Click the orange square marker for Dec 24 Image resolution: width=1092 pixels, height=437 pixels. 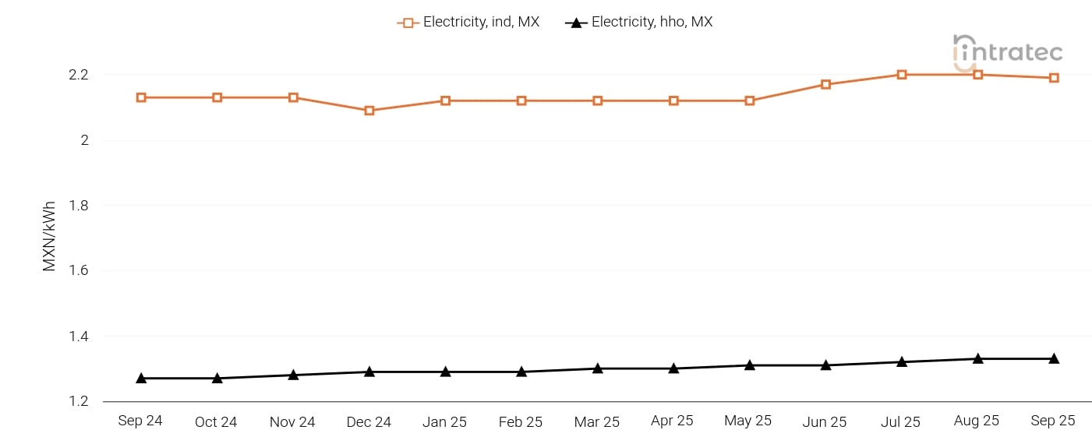tap(369, 111)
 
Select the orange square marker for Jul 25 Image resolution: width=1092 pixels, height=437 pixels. tap(902, 75)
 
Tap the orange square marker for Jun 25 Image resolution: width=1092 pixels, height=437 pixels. tap(825, 84)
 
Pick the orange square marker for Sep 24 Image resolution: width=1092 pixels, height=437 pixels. tap(141, 97)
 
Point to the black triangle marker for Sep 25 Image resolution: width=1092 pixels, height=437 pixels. tap(1054, 358)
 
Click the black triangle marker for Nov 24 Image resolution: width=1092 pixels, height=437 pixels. tap(293, 375)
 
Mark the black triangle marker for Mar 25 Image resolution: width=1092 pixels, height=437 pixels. tap(598, 368)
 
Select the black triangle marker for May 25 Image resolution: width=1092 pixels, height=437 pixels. tap(750, 365)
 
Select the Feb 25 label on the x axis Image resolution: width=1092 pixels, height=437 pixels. tap(520, 421)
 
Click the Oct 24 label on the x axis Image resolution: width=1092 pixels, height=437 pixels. tap(216, 421)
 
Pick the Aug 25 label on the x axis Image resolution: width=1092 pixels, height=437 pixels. tap(977, 421)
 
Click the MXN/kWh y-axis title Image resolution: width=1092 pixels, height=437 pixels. tap(50, 234)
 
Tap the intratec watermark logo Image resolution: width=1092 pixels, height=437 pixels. tap(1008, 51)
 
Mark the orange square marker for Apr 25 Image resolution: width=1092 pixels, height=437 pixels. tap(673, 100)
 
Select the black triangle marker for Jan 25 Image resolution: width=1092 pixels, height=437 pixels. tap(446, 372)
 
